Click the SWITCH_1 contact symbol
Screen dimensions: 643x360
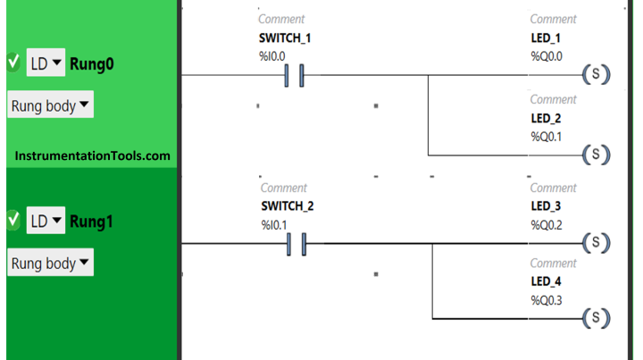click(x=294, y=75)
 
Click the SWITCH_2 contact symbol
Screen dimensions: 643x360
click(x=296, y=244)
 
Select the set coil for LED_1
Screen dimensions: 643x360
click(x=597, y=75)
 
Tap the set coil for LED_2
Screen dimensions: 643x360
click(x=597, y=155)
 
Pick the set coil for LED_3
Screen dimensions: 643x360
click(x=597, y=243)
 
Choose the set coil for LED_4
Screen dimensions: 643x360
click(x=597, y=318)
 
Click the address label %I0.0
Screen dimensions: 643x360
click(x=271, y=56)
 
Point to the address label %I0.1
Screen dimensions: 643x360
click(x=274, y=225)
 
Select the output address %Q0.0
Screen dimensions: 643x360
click(x=547, y=56)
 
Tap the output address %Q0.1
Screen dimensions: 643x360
click(x=547, y=137)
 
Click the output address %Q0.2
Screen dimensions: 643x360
click(x=547, y=225)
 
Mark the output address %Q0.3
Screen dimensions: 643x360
click(x=547, y=300)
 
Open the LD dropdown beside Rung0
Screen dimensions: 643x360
click(x=46, y=63)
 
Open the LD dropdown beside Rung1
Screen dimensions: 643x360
click(x=46, y=221)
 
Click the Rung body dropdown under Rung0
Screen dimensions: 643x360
click(x=50, y=105)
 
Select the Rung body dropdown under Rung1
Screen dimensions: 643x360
click(x=50, y=263)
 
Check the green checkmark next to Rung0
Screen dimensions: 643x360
click(x=13, y=63)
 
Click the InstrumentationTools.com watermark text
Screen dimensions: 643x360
click(x=92, y=155)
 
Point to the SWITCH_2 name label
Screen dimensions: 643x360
click(x=288, y=205)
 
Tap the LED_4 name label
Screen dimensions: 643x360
click(x=546, y=281)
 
